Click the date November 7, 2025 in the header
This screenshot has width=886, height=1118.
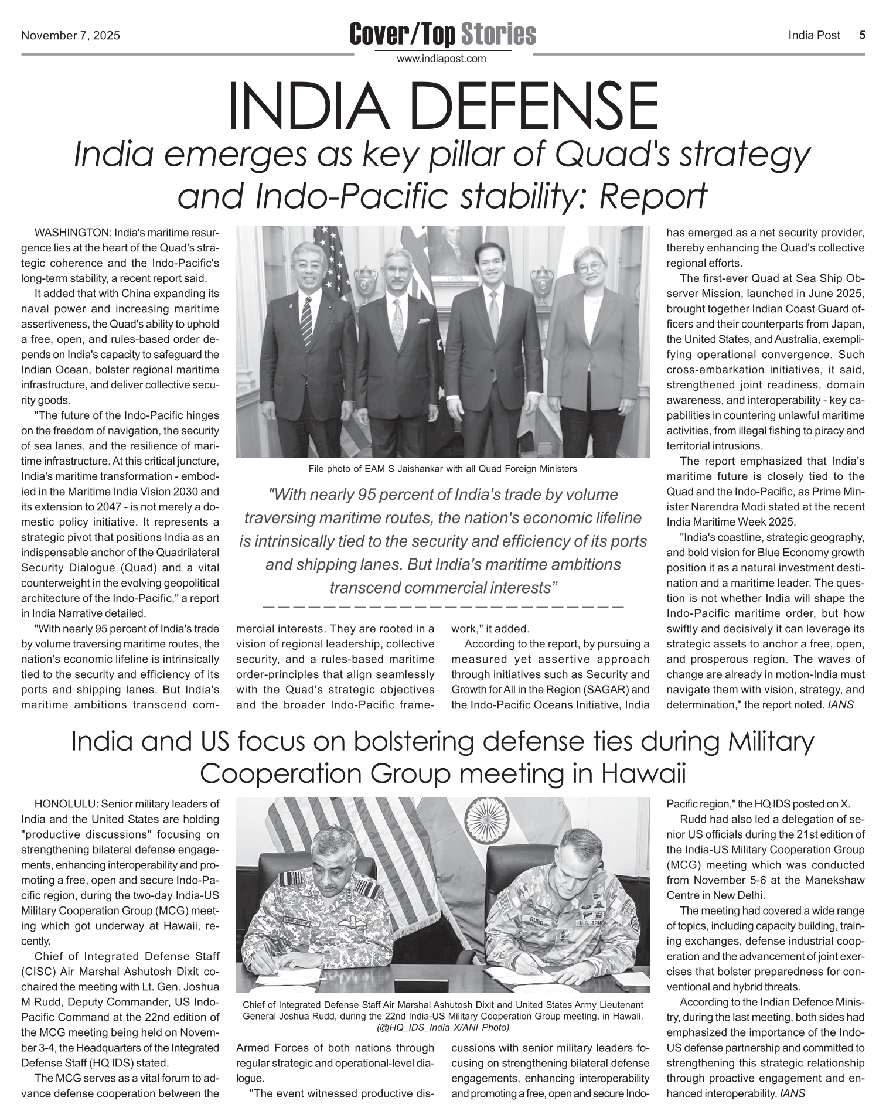70,36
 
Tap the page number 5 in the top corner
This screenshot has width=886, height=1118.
862,35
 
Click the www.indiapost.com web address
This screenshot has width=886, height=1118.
441,59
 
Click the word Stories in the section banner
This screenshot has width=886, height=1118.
497,35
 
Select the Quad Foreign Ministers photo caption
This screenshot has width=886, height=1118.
442,469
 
